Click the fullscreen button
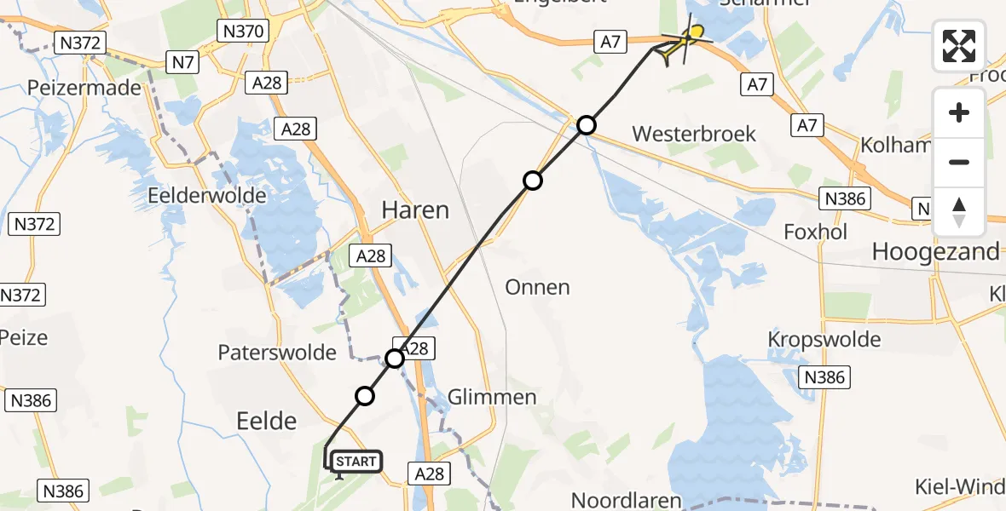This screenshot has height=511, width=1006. (959, 45)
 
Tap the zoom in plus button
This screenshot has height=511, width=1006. (959, 113)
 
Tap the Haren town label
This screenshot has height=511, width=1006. (415, 210)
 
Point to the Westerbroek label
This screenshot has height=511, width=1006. (694, 134)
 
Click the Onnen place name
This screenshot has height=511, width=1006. (537, 286)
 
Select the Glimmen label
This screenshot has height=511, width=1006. (493, 397)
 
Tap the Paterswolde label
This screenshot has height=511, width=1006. (277, 352)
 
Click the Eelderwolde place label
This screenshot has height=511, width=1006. (207, 195)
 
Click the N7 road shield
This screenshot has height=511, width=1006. (181, 61)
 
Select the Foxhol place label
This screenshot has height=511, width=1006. (816, 232)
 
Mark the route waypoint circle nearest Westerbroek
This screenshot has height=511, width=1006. (587, 126)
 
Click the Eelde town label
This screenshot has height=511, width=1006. (265, 420)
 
